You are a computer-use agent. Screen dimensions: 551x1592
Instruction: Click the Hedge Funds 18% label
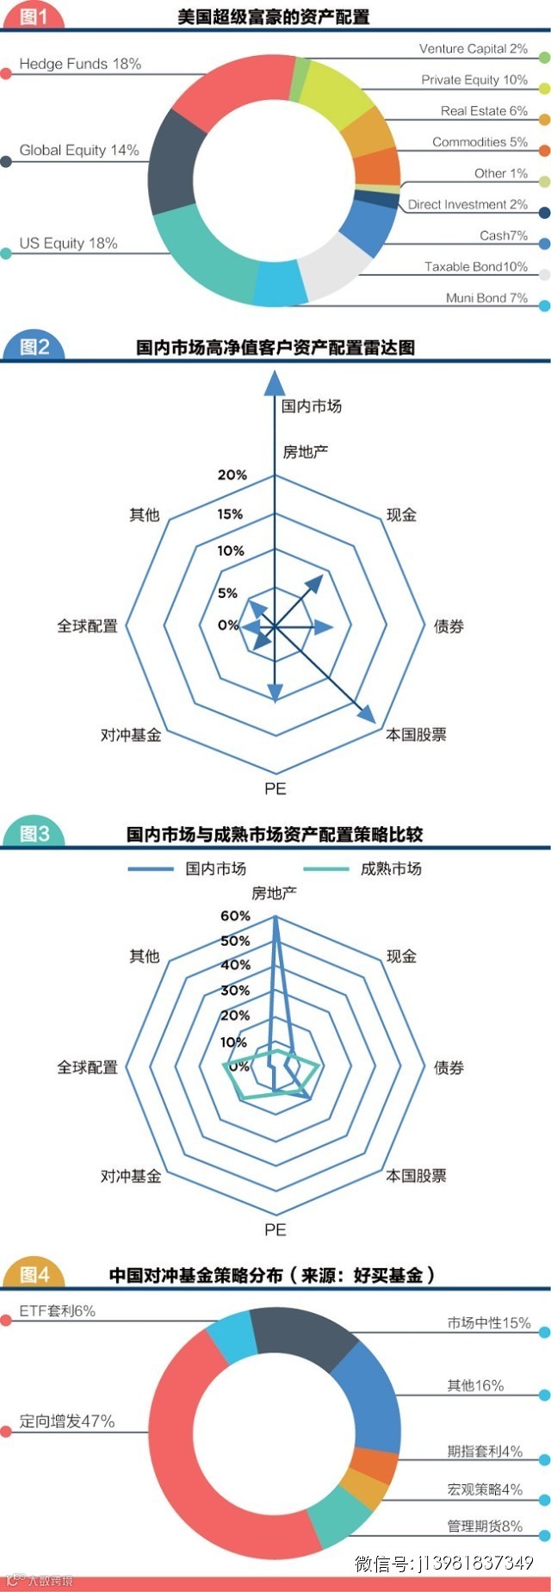point(80,64)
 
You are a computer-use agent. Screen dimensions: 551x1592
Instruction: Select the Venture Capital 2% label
point(473,49)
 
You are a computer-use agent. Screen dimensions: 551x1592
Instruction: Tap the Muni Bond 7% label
point(486,298)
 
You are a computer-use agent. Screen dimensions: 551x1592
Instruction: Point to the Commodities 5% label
point(480,142)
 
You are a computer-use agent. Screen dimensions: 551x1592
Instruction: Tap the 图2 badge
point(34,347)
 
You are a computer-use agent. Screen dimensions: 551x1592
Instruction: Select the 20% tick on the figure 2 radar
point(232,475)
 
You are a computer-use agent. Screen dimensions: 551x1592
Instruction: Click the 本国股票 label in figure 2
point(416,735)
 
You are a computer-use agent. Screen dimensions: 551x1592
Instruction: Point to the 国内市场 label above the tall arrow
point(311,406)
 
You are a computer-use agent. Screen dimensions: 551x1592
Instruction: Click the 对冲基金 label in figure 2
point(131,735)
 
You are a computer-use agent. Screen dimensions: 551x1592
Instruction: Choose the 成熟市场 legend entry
point(391,868)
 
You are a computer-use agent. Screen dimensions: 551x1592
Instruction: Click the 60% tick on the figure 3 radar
point(235,916)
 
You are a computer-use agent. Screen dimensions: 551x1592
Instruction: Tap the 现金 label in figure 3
point(401,956)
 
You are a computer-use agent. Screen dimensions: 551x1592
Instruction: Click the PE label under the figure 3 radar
point(275,1229)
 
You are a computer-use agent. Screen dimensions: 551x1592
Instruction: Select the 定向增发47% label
point(67,1421)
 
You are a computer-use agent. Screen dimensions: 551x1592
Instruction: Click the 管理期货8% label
point(484,1526)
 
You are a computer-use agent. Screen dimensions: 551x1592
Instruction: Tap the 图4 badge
point(34,1274)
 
